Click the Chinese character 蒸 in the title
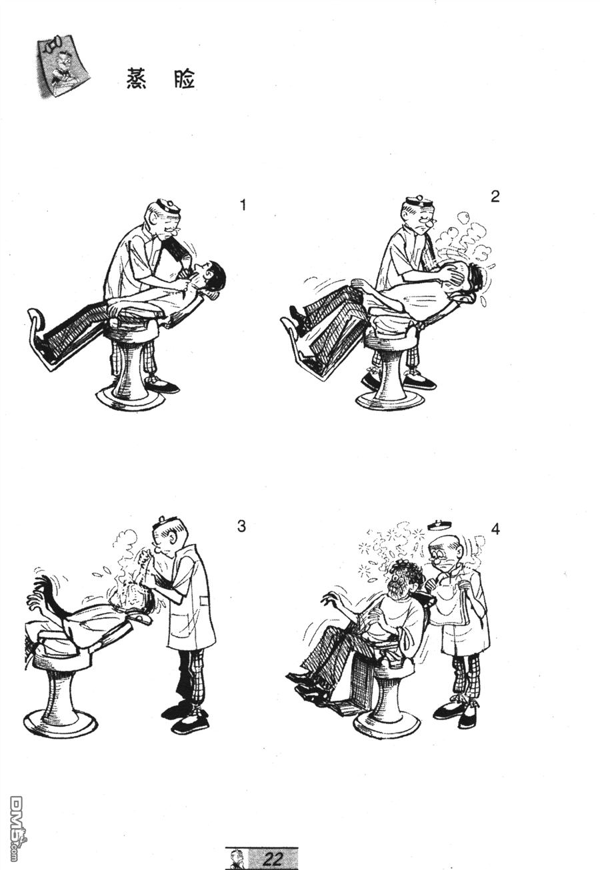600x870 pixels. pyautogui.click(x=137, y=79)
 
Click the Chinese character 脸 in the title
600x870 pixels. pyautogui.click(x=182, y=79)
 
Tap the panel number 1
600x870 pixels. pyautogui.click(x=243, y=205)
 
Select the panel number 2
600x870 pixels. pyautogui.click(x=495, y=197)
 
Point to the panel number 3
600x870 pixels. pyautogui.click(x=241, y=526)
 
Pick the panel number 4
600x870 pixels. pyautogui.click(x=495, y=529)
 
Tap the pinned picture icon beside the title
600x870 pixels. pyautogui.click(x=62, y=68)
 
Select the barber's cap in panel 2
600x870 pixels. pyautogui.click(x=419, y=202)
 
